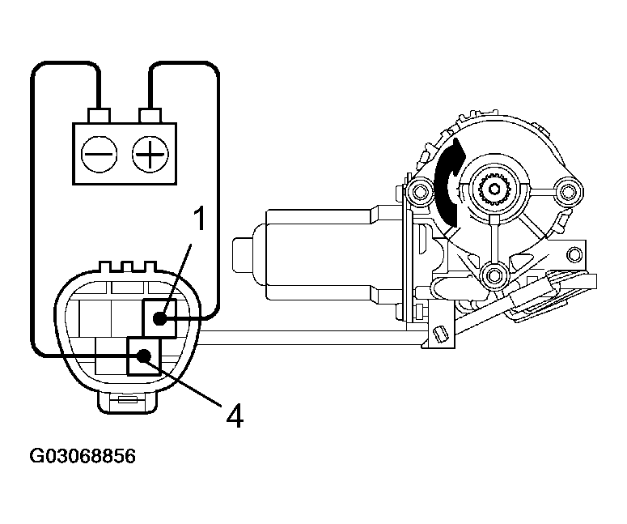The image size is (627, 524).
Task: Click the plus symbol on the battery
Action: click(149, 153)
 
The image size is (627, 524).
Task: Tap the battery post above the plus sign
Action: click(150, 113)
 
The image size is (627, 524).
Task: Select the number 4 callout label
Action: click(234, 415)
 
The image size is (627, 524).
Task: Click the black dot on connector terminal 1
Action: click(161, 317)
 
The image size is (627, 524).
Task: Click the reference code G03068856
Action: click(83, 456)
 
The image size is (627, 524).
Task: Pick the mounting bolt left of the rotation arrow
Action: click(417, 191)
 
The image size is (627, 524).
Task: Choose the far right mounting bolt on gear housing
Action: click(567, 192)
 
